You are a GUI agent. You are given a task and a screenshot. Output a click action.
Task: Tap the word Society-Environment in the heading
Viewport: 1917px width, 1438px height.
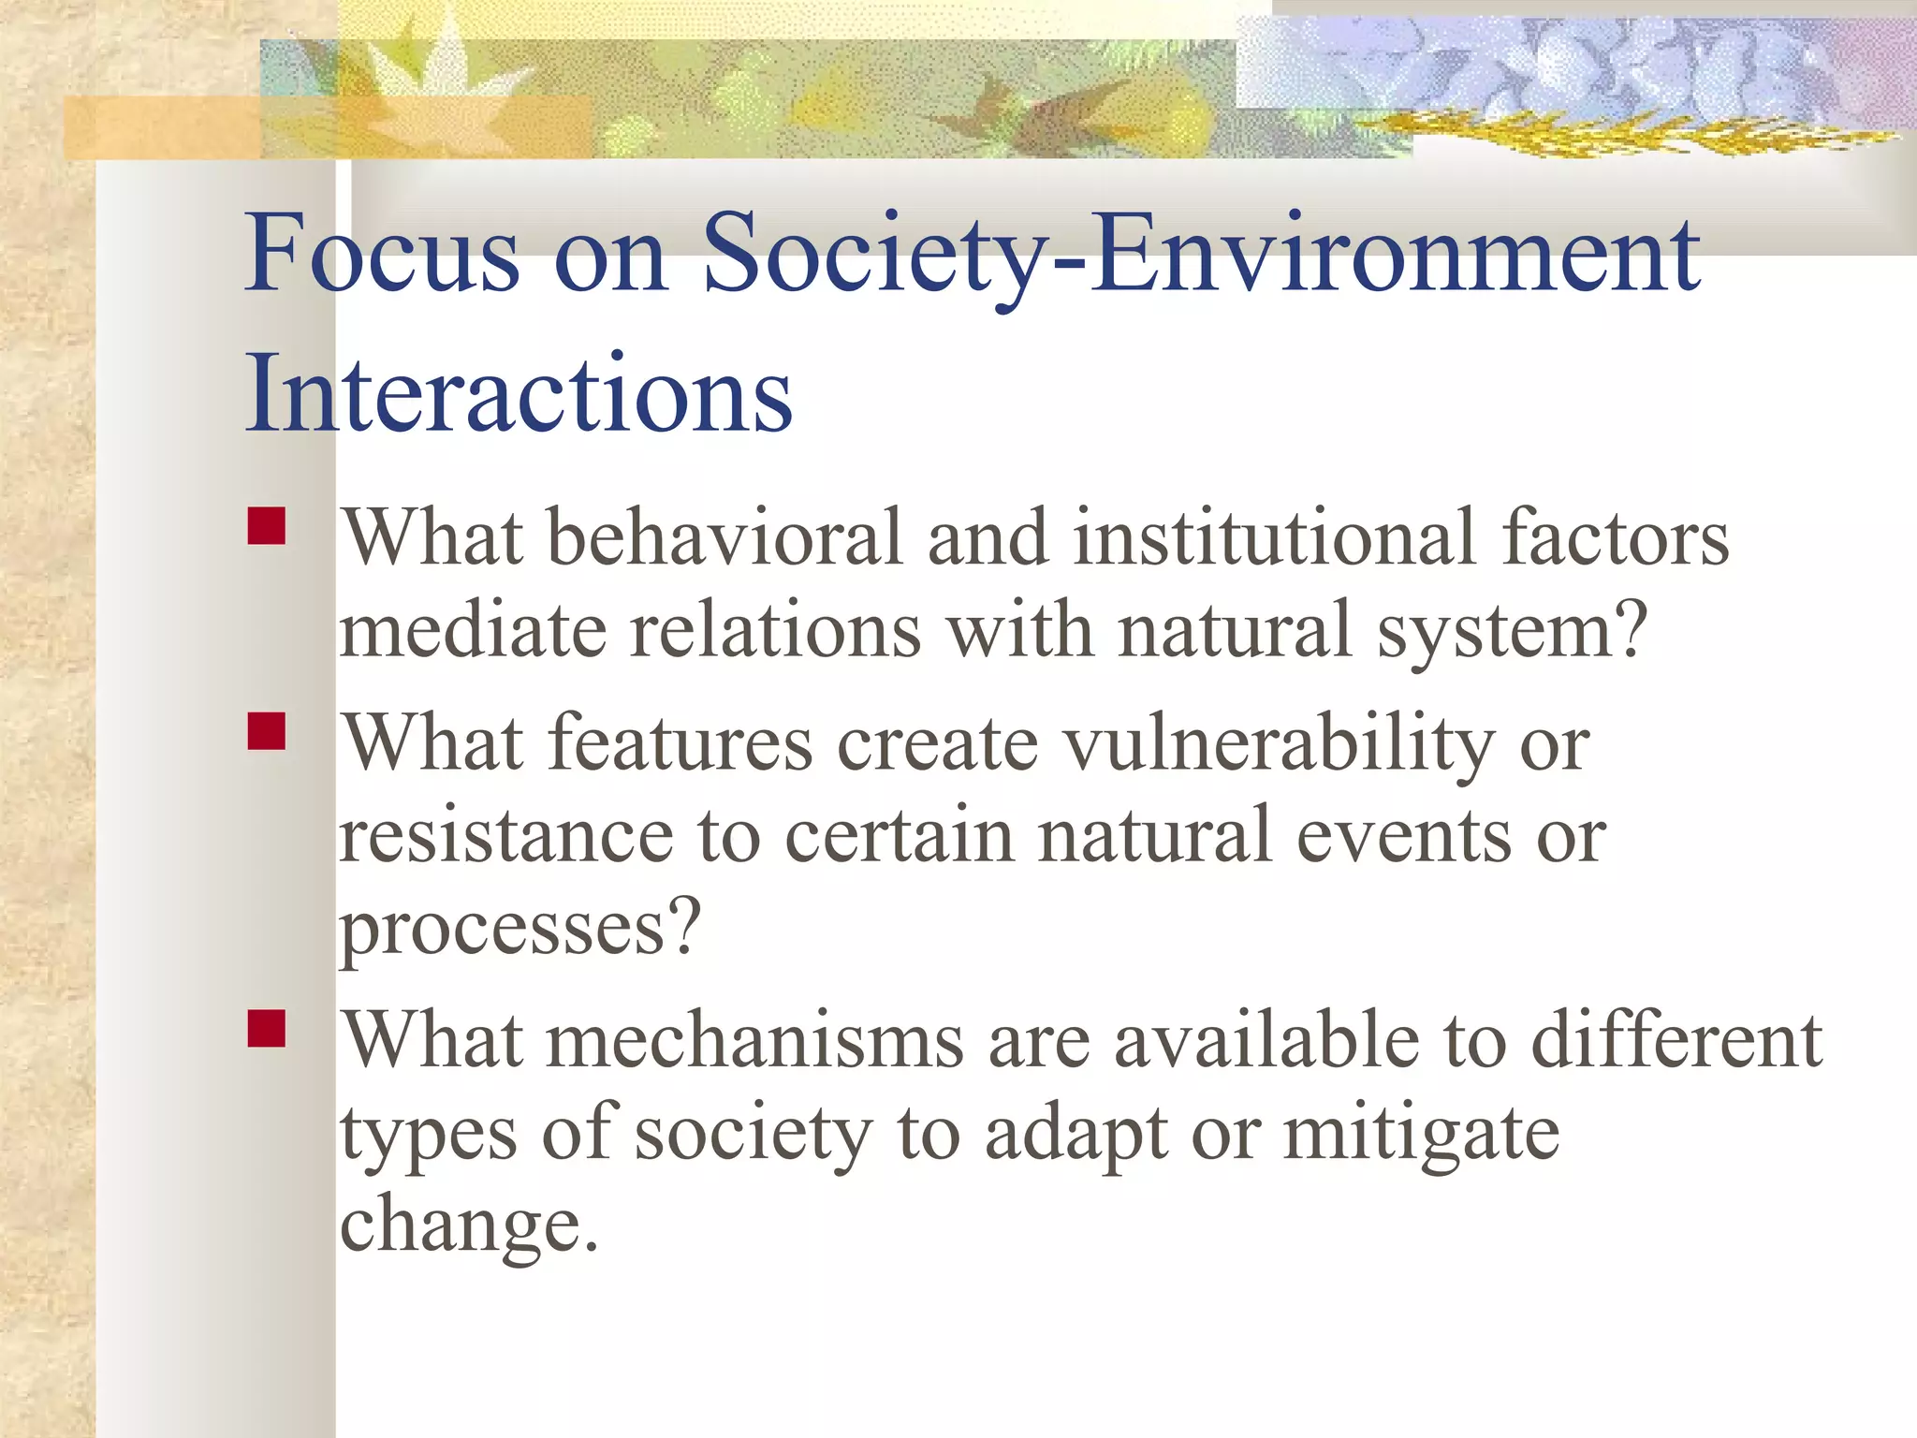[x=1201, y=255]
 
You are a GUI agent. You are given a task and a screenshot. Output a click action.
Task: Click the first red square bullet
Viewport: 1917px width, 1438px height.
[x=267, y=526]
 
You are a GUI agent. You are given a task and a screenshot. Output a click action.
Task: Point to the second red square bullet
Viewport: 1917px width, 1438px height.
[x=267, y=732]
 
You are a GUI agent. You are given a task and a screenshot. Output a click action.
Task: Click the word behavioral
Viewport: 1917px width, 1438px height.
[x=725, y=538]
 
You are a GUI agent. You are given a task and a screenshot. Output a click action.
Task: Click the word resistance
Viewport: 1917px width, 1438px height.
[x=506, y=836]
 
